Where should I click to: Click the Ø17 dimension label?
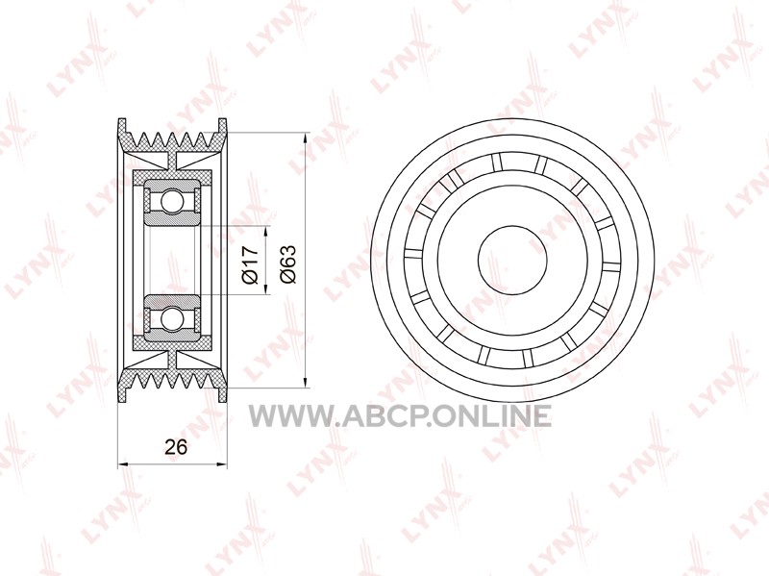pyautogui.click(x=250, y=264)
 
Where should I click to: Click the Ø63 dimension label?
pyautogui.click(x=287, y=264)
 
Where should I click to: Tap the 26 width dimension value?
pyautogui.click(x=176, y=447)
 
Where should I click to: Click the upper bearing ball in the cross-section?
pyautogui.click(x=172, y=201)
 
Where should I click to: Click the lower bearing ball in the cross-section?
pyautogui.click(x=172, y=318)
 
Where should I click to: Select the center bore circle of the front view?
pyautogui.click(x=512, y=260)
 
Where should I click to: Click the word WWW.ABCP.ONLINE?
pyautogui.click(x=400, y=416)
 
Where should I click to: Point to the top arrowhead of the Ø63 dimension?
pyautogui.click(x=306, y=138)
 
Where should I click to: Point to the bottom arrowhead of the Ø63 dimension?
pyautogui.click(x=306, y=383)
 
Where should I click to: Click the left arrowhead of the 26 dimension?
pyautogui.click(x=123, y=463)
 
